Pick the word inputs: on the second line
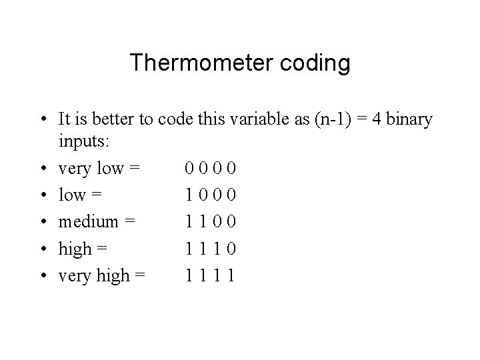coord(83,142)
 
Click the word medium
coord(87,222)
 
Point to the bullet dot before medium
coord(43,222)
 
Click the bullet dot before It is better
coord(43,120)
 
